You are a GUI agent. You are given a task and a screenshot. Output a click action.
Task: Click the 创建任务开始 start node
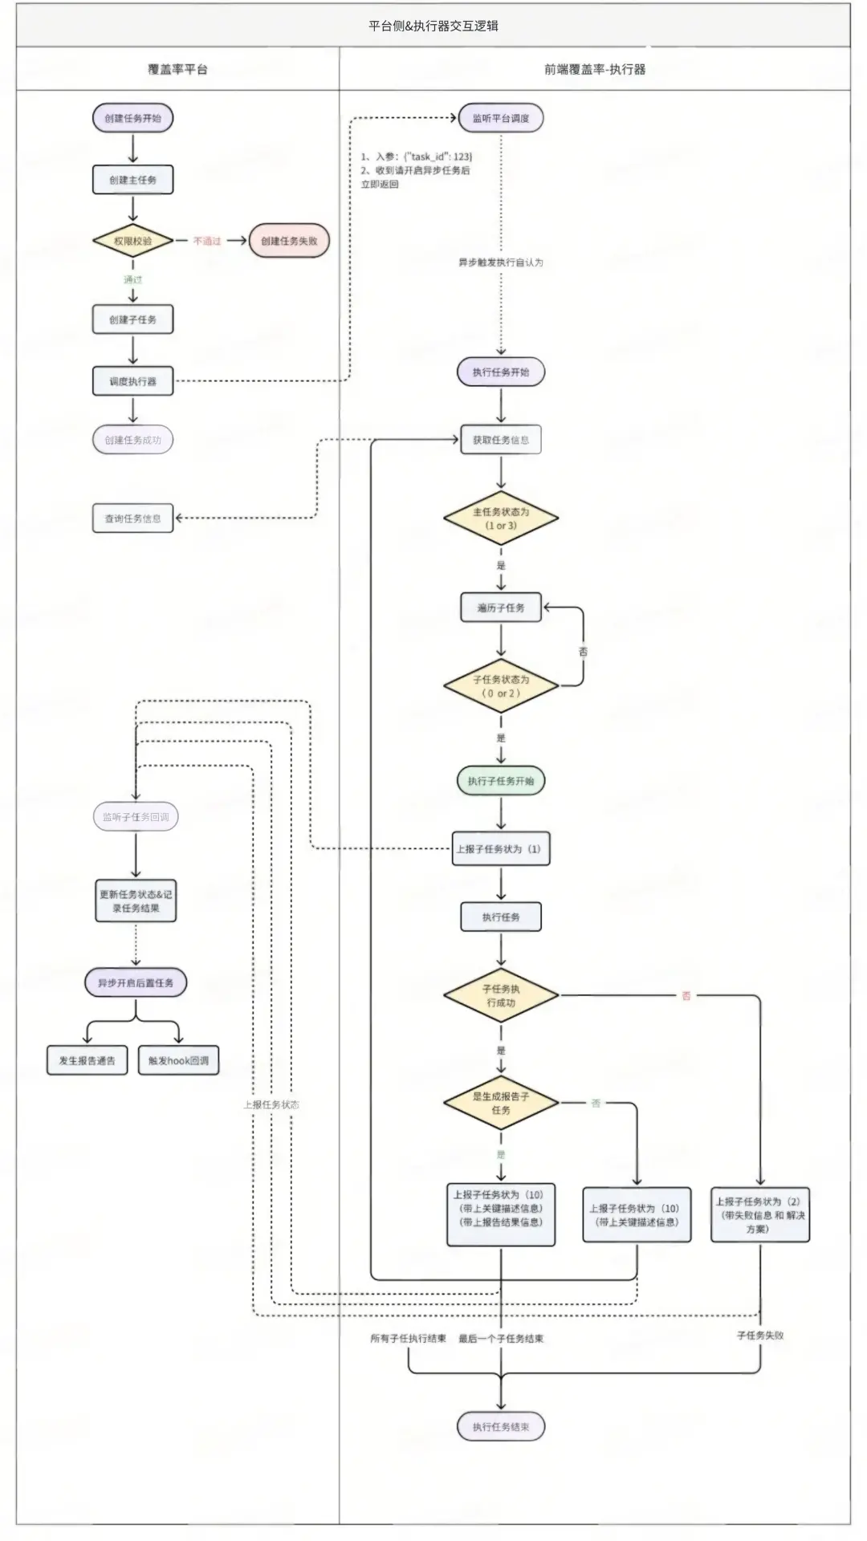click(132, 118)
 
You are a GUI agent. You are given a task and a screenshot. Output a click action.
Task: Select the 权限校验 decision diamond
click(132, 241)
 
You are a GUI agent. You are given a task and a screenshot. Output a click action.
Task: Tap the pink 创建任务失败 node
click(289, 241)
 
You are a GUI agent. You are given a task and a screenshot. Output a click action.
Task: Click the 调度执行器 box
click(132, 381)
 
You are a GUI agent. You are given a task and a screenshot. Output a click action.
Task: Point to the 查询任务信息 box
click(132, 518)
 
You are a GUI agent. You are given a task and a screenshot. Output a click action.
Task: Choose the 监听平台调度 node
click(501, 118)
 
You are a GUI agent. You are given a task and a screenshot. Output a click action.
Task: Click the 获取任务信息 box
click(501, 440)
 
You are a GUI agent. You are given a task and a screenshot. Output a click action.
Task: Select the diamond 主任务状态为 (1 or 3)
click(501, 518)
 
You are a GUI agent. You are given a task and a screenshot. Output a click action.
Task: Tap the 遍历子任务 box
click(501, 608)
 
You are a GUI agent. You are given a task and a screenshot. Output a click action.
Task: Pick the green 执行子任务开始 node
click(501, 781)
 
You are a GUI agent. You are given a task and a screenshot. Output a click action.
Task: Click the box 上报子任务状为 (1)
click(501, 849)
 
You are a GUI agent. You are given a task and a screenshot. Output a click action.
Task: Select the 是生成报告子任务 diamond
click(501, 1103)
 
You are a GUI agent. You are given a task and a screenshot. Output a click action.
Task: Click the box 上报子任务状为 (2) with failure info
click(759, 1215)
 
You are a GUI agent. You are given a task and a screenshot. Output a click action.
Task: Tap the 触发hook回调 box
click(178, 1060)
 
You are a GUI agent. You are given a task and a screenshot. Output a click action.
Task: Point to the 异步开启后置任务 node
click(136, 982)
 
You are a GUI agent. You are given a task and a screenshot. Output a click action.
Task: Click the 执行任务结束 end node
click(501, 1426)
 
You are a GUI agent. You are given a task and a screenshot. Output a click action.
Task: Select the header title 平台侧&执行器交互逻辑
click(433, 26)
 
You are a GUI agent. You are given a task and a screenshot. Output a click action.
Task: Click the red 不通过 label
click(207, 241)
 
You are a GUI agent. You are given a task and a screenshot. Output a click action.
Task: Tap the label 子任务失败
click(760, 1336)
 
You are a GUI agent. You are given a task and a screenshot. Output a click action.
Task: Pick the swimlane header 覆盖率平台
click(177, 69)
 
